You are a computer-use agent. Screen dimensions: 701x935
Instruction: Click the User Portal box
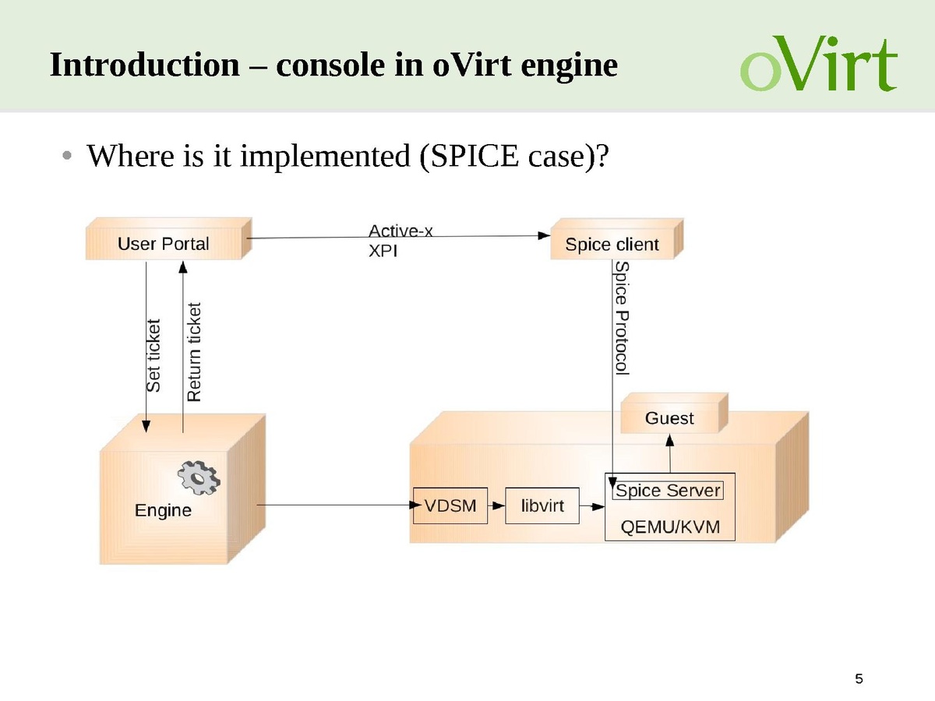point(164,244)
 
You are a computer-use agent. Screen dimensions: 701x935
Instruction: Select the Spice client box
point(612,245)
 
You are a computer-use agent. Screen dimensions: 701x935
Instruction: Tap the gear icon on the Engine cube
point(198,477)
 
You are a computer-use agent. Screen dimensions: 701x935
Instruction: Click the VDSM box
point(450,505)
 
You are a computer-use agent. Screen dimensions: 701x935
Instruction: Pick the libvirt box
point(542,505)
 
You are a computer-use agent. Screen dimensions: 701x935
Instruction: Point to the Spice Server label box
point(668,491)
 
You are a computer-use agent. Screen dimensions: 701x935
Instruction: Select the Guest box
point(669,418)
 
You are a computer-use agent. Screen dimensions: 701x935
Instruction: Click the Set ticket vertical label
point(153,354)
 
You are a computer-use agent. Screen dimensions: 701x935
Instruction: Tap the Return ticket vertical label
point(194,352)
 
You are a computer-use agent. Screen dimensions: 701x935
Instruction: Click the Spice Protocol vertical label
point(621,318)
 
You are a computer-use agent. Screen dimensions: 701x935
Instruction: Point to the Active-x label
point(400,231)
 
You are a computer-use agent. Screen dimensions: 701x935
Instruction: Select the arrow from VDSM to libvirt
point(496,505)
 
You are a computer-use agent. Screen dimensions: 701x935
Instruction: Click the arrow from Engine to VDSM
point(335,505)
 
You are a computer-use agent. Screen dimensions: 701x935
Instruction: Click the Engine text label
point(163,510)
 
